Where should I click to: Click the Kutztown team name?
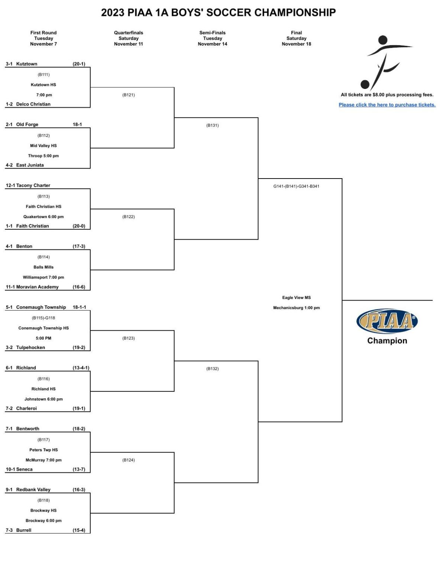coord(26,64)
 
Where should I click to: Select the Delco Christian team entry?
coord(33,104)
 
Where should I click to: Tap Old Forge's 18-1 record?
coord(77,125)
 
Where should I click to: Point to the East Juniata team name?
coord(30,165)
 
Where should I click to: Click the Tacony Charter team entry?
coord(33,185)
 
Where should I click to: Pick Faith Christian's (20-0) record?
coord(79,226)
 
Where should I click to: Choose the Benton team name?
coord(24,246)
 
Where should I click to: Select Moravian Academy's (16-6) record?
coord(79,287)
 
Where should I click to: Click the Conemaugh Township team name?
coord(41,307)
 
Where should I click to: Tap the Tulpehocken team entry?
coord(30,347)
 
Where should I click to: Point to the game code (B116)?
coord(43,379)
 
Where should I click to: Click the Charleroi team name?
coord(26,408)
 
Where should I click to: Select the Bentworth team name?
coord(28,429)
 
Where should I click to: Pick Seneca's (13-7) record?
coord(79,469)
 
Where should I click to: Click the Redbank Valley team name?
coord(33,489)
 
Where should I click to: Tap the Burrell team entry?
coord(23,530)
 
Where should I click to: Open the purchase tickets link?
coord(387,105)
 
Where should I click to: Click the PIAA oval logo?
coord(387,321)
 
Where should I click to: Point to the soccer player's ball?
coord(365,85)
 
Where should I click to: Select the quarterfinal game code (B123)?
coord(129,338)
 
